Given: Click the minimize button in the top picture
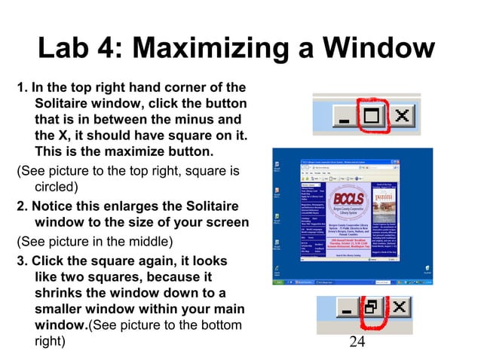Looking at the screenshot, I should pyautogui.click(x=345, y=117).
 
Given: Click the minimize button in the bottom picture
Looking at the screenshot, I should pyautogui.click(x=345, y=310).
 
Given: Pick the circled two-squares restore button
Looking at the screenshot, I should pyautogui.click(x=372, y=310).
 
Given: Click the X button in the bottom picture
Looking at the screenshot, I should pyautogui.click(x=400, y=310).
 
